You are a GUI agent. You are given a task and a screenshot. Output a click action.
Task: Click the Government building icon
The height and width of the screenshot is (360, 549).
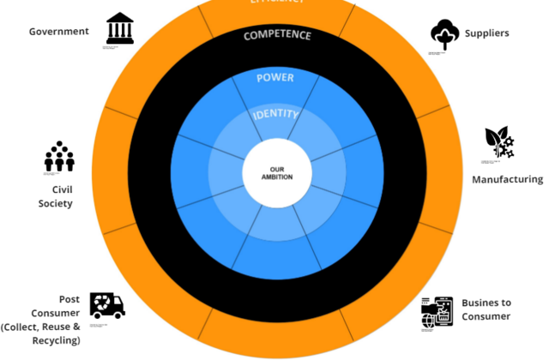click(119, 28)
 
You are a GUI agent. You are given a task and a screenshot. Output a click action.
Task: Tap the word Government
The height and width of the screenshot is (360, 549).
click(59, 32)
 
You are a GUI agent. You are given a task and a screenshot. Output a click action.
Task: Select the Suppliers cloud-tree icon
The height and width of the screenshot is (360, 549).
click(445, 34)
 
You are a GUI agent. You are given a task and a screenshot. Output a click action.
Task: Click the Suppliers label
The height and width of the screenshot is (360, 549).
click(487, 33)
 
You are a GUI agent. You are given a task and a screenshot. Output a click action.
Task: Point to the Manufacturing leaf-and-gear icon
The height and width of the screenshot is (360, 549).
click(498, 142)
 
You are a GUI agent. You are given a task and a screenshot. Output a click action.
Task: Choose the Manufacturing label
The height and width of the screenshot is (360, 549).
click(507, 180)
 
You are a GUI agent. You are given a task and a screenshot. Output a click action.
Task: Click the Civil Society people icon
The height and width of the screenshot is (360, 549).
click(59, 156)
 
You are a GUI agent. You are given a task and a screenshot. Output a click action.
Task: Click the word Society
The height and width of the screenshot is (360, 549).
click(55, 203)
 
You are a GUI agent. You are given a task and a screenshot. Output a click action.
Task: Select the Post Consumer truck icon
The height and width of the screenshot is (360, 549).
click(107, 304)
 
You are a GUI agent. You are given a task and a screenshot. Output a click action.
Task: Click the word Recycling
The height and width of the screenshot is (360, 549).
click(56, 340)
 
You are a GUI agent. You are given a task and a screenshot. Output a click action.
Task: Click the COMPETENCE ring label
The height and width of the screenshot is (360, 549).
click(277, 36)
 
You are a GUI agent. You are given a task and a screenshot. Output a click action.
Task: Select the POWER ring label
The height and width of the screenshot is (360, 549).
click(274, 78)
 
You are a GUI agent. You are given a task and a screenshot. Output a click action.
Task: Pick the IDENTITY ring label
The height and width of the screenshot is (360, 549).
click(275, 114)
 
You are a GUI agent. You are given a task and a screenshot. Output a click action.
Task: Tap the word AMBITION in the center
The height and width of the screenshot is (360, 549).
click(275, 177)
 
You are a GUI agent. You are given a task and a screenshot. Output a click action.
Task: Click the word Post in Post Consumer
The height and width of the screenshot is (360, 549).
click(69, 299)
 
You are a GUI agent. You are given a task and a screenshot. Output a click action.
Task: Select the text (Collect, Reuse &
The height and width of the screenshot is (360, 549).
click(40, 327)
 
